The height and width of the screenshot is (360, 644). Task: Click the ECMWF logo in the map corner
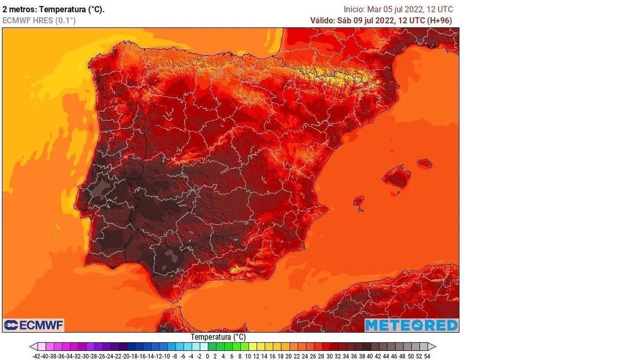click(34, 325)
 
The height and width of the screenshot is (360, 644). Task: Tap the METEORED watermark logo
click(412, 325)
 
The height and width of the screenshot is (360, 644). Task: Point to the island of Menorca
click(425, 163)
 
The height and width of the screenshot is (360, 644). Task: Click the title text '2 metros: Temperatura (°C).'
click(54, 9)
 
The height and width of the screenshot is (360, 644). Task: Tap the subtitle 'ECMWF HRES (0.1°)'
click(39, 20)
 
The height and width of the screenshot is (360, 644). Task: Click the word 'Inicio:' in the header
click(354, 9)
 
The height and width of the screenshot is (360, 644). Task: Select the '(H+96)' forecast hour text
click(439, 20)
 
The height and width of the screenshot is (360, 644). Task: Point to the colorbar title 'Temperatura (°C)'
click(218, 337)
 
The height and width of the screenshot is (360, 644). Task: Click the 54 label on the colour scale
click(427, 356)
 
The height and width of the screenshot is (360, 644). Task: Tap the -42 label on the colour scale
click(36, 356)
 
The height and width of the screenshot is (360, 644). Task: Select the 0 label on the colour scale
click(207, 356)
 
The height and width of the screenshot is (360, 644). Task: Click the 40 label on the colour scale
click(370, 356)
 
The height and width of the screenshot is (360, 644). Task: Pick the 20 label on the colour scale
click(289, 356)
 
